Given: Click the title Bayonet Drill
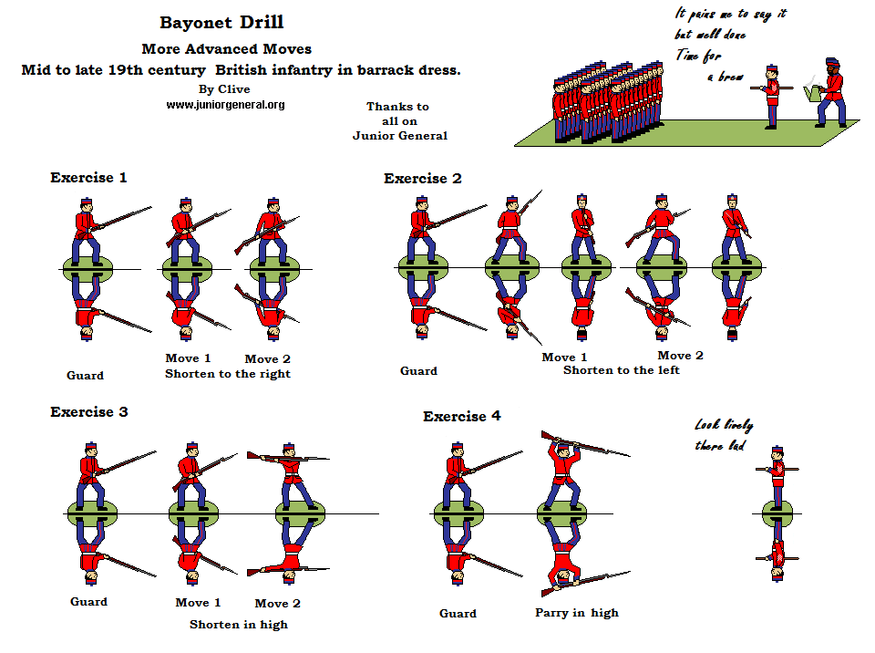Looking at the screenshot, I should pos(221,23).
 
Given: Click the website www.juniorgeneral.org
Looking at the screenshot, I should pos(225,105).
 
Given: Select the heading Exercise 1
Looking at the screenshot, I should pos(88,178).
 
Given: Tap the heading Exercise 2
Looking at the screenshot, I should pos(422,179).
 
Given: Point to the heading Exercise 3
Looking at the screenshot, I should pos(88,412).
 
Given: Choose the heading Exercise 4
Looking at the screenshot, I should pos(461,417).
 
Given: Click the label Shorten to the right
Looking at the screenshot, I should pos(227,374).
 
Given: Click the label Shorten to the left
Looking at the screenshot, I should pos(621,370).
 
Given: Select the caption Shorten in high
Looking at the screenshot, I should pos(238,625).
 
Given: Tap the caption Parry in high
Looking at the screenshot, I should pos(576,613).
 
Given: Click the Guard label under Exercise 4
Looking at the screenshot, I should pos(458,614).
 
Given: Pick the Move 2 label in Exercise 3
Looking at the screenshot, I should pos(277,604).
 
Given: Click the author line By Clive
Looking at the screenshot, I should pos(223,89).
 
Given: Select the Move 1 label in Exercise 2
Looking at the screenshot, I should pos(564,358).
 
